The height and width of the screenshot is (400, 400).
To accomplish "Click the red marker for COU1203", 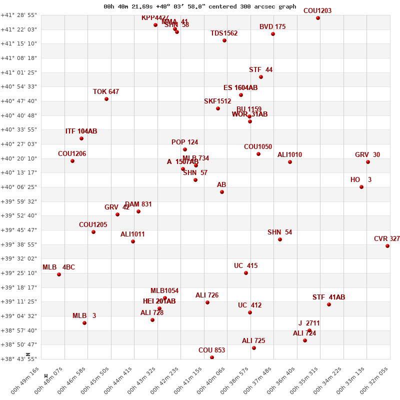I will pos(318,18).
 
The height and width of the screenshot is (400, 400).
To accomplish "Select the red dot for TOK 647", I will pos(106,99).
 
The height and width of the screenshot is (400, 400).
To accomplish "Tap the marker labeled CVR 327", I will pos(387,246).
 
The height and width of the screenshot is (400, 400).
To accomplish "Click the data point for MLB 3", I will pos(84,323).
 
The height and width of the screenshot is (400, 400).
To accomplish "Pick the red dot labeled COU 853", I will pos(212,357).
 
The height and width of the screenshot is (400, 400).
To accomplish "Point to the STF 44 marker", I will pos(261,77).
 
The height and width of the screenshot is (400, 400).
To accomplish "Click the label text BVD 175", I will pos(272,27).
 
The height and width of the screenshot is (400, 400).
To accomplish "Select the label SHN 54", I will pos(279,232).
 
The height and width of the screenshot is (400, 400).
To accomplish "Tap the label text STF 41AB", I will pos(328,297).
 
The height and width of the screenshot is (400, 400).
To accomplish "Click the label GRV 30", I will pos(367,155).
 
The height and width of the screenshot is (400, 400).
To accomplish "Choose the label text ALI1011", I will pos(132,234).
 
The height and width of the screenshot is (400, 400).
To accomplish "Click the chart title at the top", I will pos(200,7).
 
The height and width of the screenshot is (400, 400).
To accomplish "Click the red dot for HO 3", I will pos(361,187).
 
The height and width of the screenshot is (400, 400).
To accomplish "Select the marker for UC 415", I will pos(246,273).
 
